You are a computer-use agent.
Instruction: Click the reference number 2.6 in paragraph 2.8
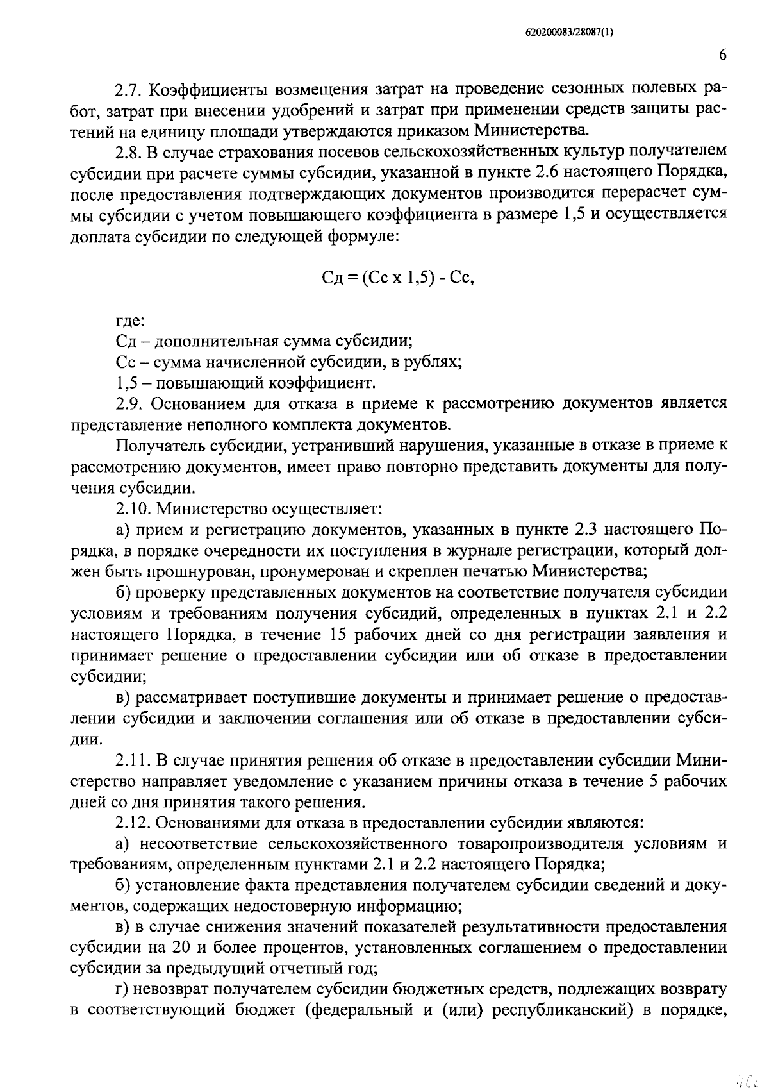pos(534,172)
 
